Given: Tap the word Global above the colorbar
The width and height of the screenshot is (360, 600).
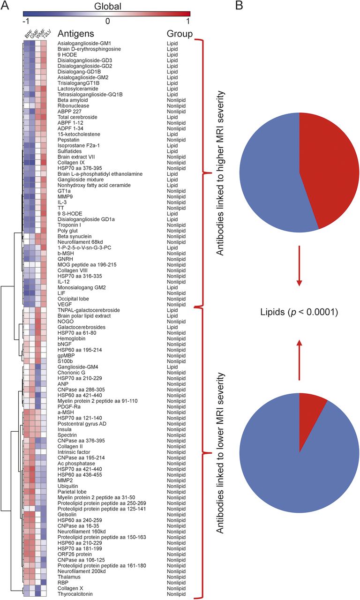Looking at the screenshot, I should (x=107, y=6).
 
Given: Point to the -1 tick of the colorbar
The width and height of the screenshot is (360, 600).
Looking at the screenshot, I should (x=25, y=21).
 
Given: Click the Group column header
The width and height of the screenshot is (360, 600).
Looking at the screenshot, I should (x=180, y=34).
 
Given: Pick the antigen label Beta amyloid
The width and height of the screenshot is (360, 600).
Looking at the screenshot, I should (x=71, y=100).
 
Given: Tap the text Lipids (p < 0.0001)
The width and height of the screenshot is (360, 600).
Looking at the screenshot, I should (x=300, y=310).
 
